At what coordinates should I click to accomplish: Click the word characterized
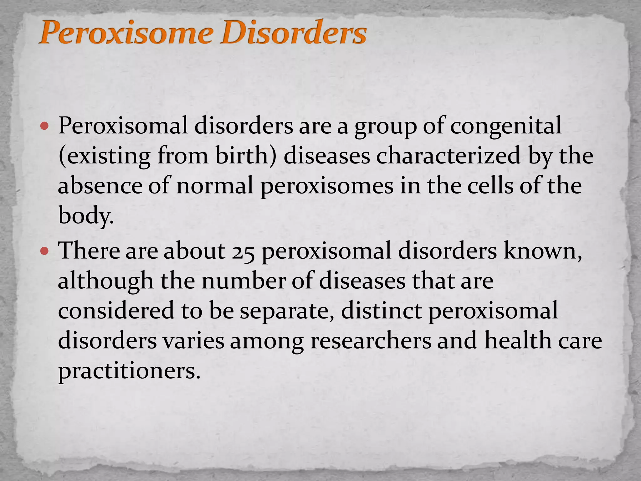[x=448, y=156]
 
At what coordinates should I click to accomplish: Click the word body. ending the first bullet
[x=86, y=216]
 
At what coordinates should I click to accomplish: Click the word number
[x=243, y=281]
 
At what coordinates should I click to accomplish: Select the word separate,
[x=287, y=311]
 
